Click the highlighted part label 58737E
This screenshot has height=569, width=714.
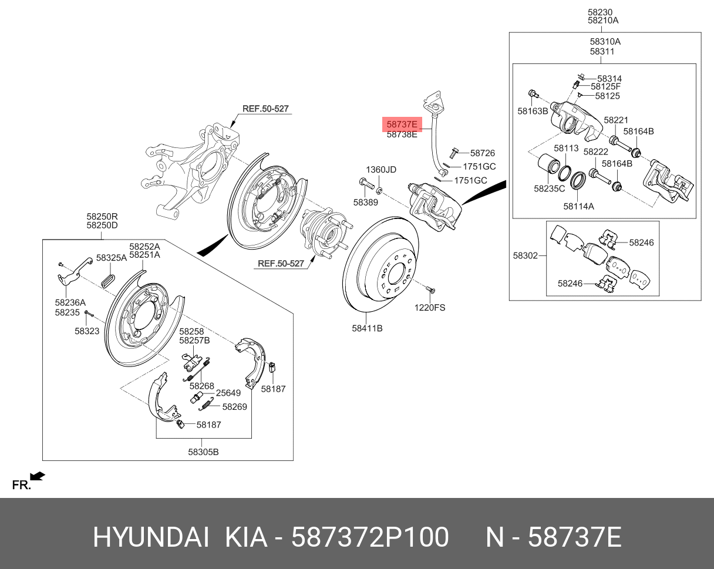[x=402, y=124]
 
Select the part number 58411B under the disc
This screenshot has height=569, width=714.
[x=368, y=328]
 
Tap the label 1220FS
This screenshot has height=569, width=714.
[x=430, y=308]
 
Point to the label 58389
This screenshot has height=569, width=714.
[x=366, y=202]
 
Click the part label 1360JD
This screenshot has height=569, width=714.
[x=381, y=170]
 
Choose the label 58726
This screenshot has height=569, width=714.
[x=483, y=153]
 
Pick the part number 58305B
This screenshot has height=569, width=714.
[x=203, y=452]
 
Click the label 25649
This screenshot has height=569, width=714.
[x=228, y=393]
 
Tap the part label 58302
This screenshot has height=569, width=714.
[x=525, y=255]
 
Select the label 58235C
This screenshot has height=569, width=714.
[x=549, y=188]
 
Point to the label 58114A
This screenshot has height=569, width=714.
[x=578, y=206]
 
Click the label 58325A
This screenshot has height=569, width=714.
[x=112, y=258]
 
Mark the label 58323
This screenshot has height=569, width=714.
[x=87, y=331]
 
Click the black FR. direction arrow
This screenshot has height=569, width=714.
[x=38, y=476]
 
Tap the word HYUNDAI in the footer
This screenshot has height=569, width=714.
[x=151, y=537]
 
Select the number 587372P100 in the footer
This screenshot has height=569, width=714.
[x=370, y=537]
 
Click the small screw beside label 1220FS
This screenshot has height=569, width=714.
[x=430, y=292]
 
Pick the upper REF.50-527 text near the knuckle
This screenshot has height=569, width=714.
[x=265, y=109]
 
